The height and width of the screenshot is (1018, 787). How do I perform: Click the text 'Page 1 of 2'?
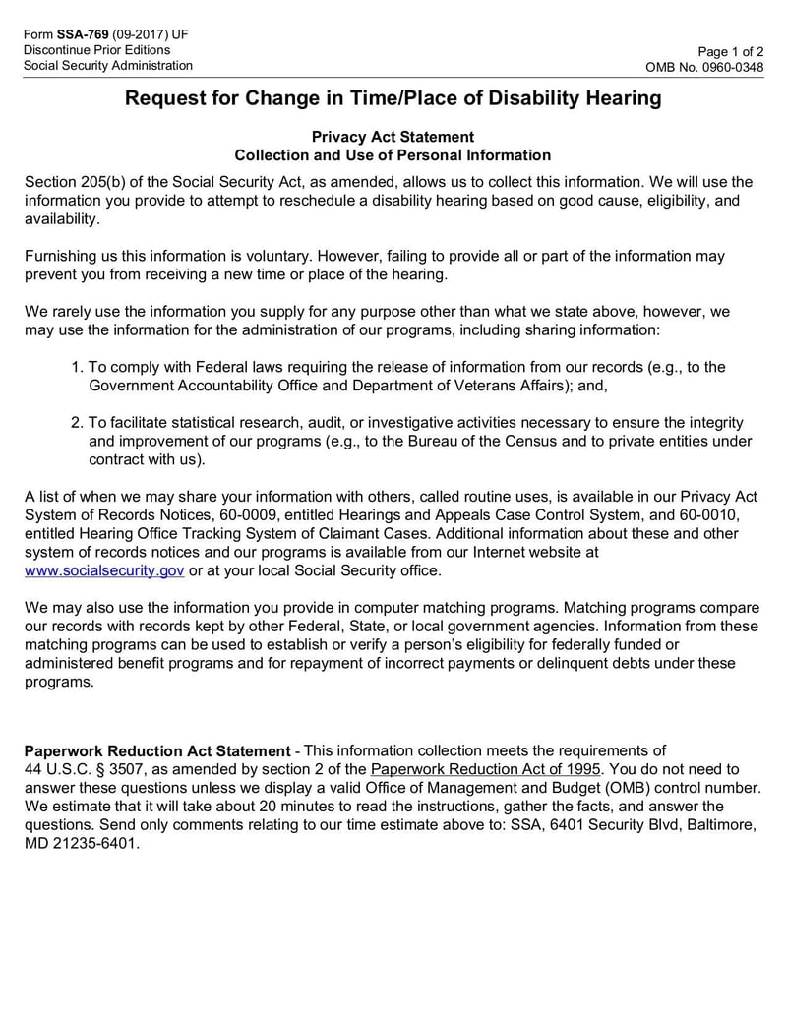[730, 51]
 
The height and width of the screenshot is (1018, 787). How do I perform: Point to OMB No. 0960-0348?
[703, 67]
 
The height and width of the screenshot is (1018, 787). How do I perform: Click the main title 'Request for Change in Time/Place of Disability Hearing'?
[393, 98]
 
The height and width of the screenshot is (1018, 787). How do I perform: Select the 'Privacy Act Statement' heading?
[393, 137]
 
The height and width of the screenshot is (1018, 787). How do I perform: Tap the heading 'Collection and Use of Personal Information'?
[393, 155]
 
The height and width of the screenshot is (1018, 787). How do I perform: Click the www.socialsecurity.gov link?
[104, 570]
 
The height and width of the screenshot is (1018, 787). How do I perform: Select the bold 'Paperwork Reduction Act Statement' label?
[157, 750]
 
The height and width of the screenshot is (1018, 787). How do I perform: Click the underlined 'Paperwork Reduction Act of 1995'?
[486, 769]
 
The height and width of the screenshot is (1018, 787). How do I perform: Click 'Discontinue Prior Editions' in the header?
[96, 50]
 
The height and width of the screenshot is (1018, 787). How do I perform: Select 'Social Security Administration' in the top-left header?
[108, 66]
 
